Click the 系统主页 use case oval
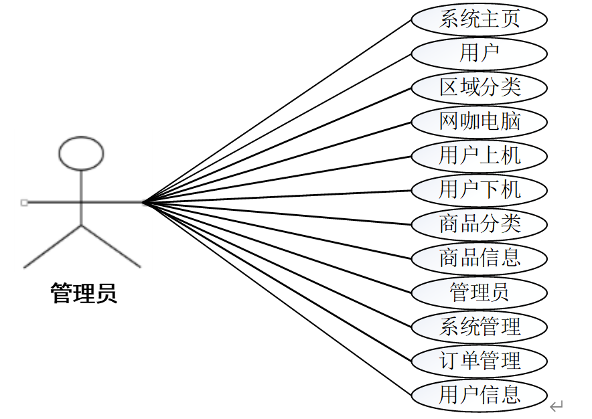pyautogui.click(x=479, y=19)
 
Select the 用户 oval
pyautogui.click(x=479, y=53)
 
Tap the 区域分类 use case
pyautogui.click(x=479, y=87)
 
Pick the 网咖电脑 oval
pyautogui.click(x=479, y=122)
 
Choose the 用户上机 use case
pyautogui.click(x=479, y=156)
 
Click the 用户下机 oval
pyautogui.click(x=479, y=189)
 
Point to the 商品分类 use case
pyautogui.click(x=479, y=224)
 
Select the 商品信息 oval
pyautogui.click(x=479, y=258)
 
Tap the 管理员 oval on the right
pyautogui.click(x=479, y=292)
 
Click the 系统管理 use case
pyautogui.click(x=479, y=327)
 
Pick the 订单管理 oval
pyautogui.click(x=479, y=361)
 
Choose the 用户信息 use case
pyautogui.click(x=479, y=395)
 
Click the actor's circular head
pyautogui.click(x=81, y=153)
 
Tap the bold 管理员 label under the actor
pyautogui.click(x=84, y=293)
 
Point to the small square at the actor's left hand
pyautogui.click(x=24, y=202)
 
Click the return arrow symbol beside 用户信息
pyautogui.click(x=557, y=406)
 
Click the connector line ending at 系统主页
pyautogui.click(x=277, y=110)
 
